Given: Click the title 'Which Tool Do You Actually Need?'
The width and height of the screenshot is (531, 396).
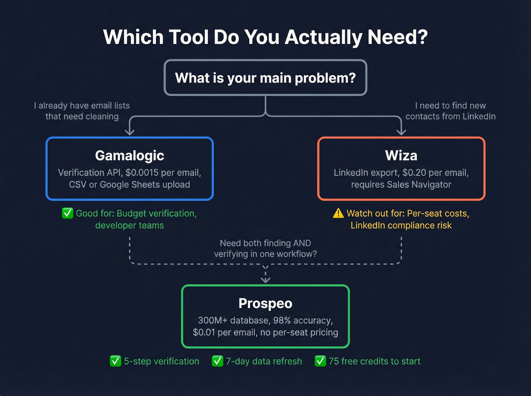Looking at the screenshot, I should [x=265, y=37].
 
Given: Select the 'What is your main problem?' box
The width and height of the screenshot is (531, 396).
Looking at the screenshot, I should [x=265, y=78].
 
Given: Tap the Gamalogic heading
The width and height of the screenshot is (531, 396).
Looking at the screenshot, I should [x=129, y=155].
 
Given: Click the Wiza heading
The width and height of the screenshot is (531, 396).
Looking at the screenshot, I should [x=401, y=155].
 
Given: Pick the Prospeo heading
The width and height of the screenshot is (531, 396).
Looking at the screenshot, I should [x=265, y=303].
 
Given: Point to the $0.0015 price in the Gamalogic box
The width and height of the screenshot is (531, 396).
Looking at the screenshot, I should [x=142, y=173].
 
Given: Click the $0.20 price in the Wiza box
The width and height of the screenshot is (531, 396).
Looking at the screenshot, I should [x=414, y=173].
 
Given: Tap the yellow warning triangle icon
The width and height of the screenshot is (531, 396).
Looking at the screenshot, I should [x=338, y=213].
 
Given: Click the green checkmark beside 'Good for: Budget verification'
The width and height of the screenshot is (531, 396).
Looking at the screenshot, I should [x=68, y=213].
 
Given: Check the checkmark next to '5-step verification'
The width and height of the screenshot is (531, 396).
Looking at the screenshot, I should [x=115, y=361].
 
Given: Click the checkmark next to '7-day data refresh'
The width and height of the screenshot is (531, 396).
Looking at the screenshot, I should [x=217, y=361].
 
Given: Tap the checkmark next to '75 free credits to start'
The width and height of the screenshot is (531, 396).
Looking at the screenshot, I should [x=320, y=361].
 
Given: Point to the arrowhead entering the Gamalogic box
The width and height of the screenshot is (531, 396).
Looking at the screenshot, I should [x=130, y=131].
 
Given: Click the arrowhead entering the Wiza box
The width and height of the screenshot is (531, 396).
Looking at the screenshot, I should [x=401, y=131].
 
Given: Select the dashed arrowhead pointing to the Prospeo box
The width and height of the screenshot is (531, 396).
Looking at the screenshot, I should [x=265, y=280].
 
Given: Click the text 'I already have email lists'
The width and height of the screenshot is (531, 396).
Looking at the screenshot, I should [x=82, y=106].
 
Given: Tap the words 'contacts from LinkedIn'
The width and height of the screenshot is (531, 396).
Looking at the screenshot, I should [x=450, y=116].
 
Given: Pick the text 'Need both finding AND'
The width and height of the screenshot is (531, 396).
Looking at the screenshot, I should [x=265, y=243].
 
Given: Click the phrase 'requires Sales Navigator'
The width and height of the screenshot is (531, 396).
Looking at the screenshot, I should [x=401, y=185].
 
